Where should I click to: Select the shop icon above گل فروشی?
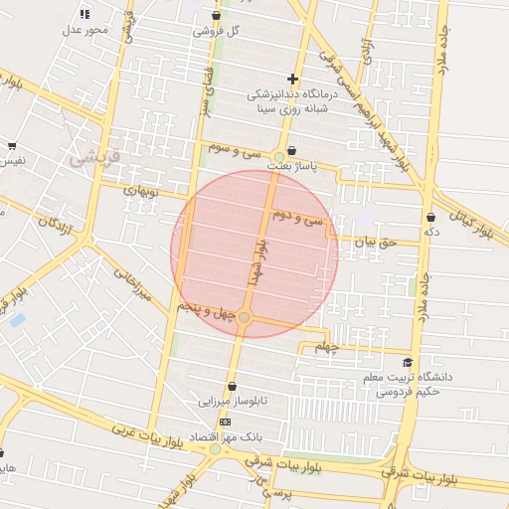(x=216, y=15)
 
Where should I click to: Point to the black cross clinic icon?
(x=292, y=79)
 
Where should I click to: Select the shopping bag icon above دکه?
(x=430, y=217)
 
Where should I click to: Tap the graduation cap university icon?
(x=408, y=364)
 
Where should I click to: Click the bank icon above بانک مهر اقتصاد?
(x=225, y=422)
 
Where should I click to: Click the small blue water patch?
(x=16, y=320)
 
